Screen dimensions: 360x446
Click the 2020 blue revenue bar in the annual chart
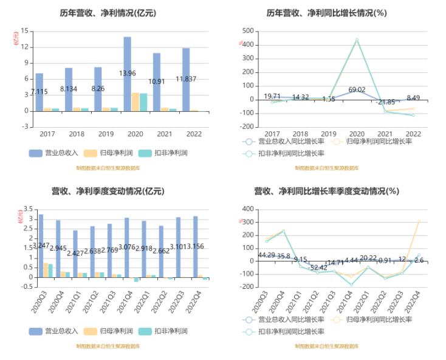127,74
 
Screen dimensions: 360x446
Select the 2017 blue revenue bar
39,92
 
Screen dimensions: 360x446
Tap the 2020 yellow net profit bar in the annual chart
135,102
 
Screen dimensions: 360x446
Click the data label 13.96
127,74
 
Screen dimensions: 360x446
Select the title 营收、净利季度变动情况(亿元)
108,191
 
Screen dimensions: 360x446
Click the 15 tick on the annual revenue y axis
25,30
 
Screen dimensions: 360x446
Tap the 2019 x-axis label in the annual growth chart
329,134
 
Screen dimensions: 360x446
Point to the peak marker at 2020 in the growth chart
357,40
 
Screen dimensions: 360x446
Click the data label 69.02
357,90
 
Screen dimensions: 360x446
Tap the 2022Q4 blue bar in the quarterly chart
196,246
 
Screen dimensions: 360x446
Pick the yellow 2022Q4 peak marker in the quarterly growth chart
419,221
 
